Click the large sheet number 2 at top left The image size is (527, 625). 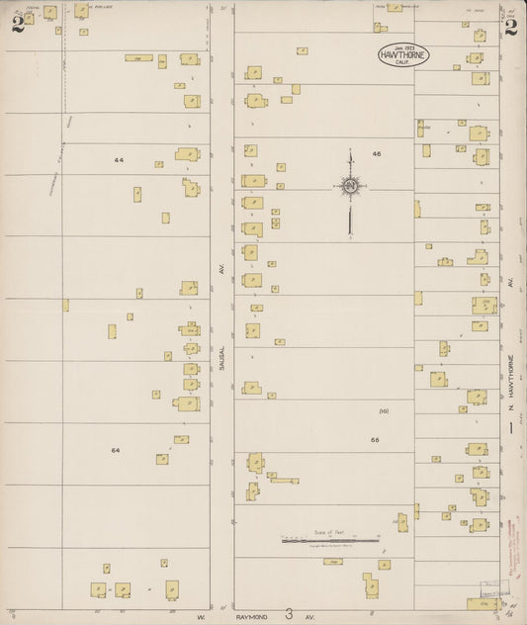pos(17,24)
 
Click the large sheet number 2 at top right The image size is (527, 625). pos(510,27)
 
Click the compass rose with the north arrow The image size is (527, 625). pos(350,186)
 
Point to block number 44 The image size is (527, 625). pos(119,159)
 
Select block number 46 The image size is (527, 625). pos(377,154)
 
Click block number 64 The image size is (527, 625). pos(116,450)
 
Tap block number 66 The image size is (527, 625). pos(375,439)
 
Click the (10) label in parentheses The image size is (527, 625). pos(384,410)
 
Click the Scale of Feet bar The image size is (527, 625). pos(330,541)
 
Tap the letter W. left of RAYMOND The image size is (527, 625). pos(199,616)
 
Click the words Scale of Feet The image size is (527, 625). pos(329,532)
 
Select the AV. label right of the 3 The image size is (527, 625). pos(309,616)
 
